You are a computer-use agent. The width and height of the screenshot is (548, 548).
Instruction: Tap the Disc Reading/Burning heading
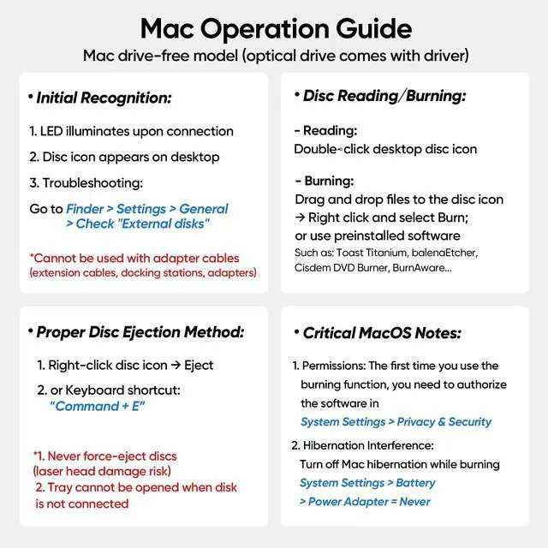tap(384, 96)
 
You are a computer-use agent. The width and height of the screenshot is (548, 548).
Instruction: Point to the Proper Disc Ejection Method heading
tap(140, 331)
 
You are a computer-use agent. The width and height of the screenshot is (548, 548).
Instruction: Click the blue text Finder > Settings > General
tap(147, 208)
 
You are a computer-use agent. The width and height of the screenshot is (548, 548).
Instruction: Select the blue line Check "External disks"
tap(136, 223)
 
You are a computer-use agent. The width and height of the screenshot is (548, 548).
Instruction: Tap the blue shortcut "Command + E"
tap(98, 406)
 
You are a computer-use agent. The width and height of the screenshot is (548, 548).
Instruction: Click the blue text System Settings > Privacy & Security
tap(396, 421)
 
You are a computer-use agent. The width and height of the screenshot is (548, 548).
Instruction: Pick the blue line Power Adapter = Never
tap(364, 501)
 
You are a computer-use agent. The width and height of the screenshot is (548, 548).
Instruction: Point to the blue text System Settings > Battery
tap(366, 483)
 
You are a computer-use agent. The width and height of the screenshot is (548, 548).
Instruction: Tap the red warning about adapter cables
tap(134, 258)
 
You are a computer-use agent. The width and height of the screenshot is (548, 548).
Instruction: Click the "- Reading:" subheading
tap(325, 131)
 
